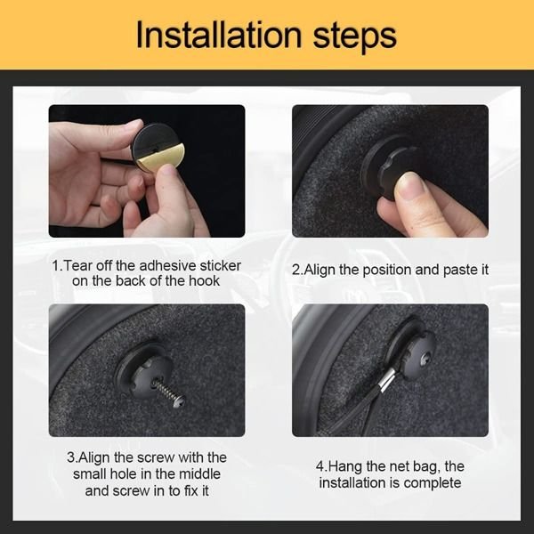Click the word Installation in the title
(x=219, y=35)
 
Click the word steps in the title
(x=354, y=36)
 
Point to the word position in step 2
(x=386, y=271)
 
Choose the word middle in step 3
(x=199, y=474)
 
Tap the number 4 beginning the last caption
(x=320, y=466)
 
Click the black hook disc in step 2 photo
(x=384, y=167)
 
